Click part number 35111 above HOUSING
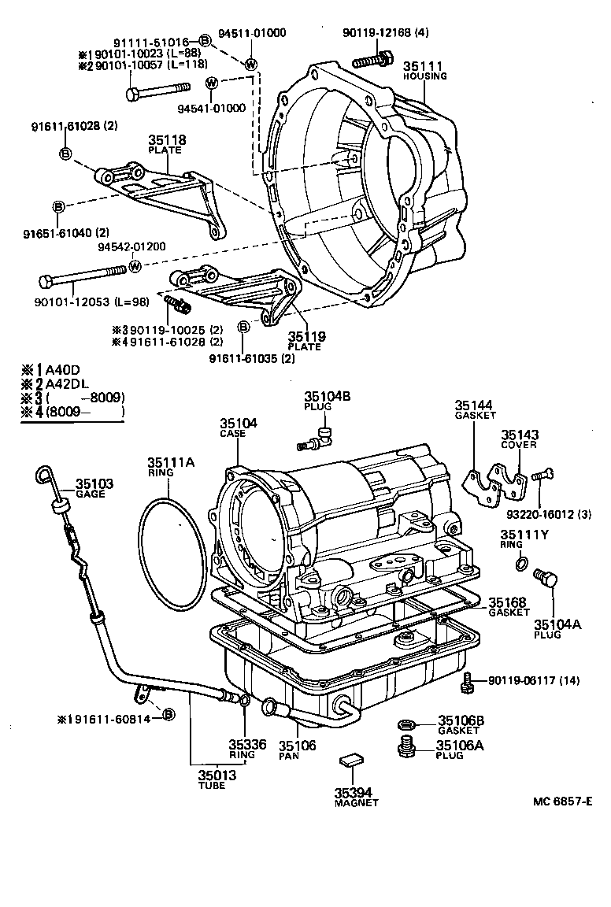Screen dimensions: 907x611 [424, 66]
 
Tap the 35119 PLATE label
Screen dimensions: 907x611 [306, 340]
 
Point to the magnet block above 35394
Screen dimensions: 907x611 [350, 760]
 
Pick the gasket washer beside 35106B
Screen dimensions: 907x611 [405, 723]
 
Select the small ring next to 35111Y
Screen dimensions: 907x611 [520, 562]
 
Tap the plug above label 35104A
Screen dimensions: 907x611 [545, 583]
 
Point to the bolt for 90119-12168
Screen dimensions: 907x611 [372, 57]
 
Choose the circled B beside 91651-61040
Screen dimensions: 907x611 [58, 207]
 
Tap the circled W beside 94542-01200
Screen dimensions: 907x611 [135, 266]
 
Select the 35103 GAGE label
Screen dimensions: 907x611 [94, 488]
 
